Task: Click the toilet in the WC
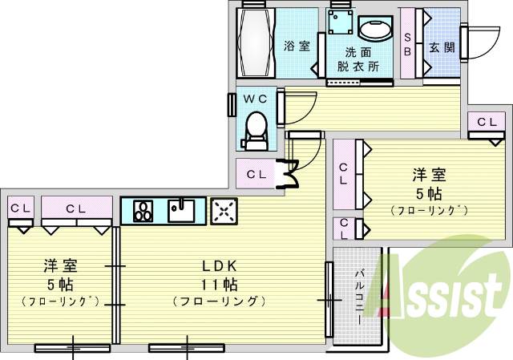tap(255, 131)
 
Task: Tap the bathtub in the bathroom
tap(256, 42)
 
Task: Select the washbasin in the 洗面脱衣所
tap(375, 28)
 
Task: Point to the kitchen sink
tap(181, 210)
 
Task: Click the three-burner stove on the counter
tap(143, 211)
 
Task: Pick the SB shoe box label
tap(407, 44)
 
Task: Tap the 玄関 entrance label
tap(442, 48)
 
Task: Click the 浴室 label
tap(297, 46)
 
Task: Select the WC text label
tap(256, 99)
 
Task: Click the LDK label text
tap(219, 266)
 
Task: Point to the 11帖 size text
tap(219, 285)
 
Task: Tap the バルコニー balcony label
tap(360, 297)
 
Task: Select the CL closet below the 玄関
tap(487, 122)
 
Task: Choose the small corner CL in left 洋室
tap(20, 208)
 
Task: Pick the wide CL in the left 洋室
tap(76, 208)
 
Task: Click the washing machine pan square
tap(341, 22)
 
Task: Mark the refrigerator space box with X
tap(224, 211)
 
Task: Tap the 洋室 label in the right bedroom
tap(429, 175)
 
